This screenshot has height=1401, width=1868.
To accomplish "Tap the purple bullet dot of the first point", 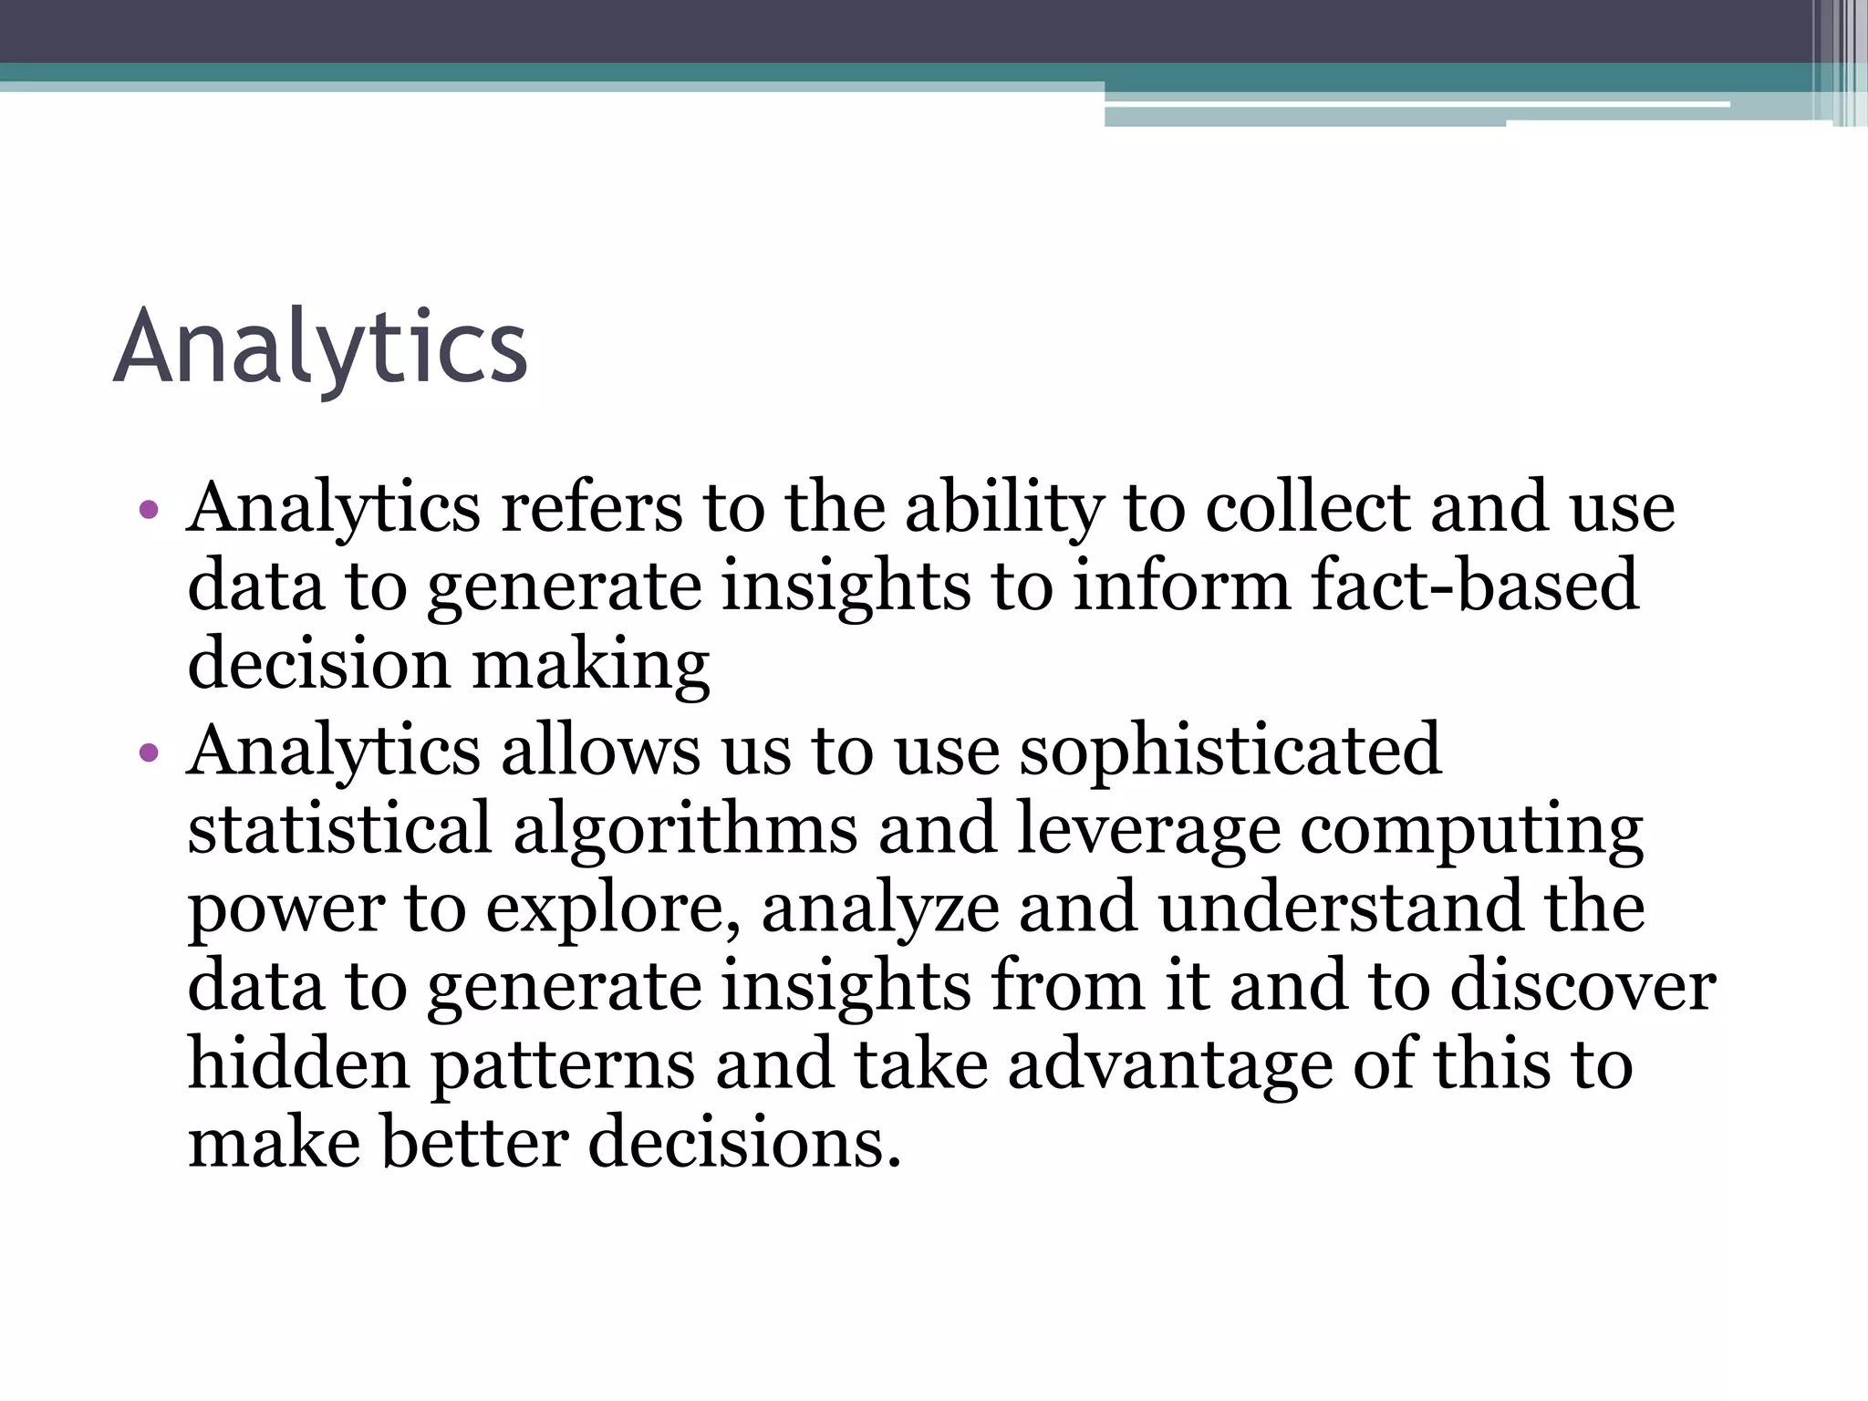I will tap(149, 510).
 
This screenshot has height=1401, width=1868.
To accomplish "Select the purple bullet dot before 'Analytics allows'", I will tap(149, 753).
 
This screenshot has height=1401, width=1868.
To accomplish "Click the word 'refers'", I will tap(592, 507).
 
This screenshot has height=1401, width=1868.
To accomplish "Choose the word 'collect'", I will tap(1308, 507).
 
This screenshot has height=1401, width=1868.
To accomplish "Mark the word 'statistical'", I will tap(339, 828).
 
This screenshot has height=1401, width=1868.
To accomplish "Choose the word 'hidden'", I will tap(298, 1064).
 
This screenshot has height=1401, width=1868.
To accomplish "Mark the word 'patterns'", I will tap(563, 1066).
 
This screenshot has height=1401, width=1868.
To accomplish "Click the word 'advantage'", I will tap(1170, 1066).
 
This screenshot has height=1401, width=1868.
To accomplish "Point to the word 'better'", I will tap(474, 1143).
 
